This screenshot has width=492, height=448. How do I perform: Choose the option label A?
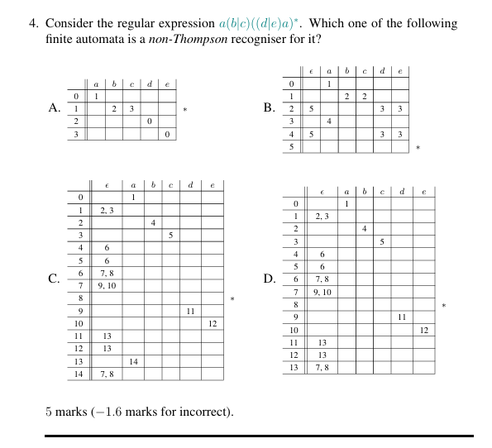(55, 107)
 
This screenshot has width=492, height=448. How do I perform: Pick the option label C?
(55, 279)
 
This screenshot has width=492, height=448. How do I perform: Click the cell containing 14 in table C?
(132, 362)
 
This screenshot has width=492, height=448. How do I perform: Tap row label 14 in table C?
(79, 374)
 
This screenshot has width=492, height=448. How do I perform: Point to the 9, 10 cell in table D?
(322, 292)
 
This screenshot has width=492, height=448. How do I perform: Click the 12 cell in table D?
(424, 330)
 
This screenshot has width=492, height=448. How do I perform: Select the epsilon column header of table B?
(310, 72)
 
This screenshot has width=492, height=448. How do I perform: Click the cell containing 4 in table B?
(329, 121)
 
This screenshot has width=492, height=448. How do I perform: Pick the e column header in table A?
(167, 84)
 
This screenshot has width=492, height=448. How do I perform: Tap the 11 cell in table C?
(190, 311)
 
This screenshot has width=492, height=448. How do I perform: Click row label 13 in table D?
(294, 366)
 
